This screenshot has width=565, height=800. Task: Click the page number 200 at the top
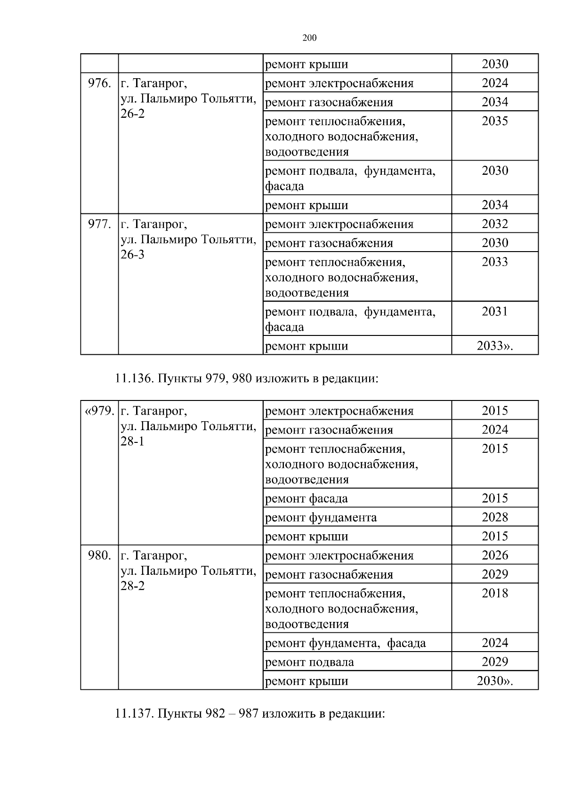(309, 38)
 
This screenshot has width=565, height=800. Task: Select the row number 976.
(99, 84)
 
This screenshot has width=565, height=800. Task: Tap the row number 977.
(99, 224)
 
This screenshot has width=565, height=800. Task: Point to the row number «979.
(99, 411)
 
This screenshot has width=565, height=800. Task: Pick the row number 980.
(99, 555)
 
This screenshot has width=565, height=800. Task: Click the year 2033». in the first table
(494, 346)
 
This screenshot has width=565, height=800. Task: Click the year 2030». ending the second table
(494, 681)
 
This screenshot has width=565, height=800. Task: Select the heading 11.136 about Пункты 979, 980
(246, 378)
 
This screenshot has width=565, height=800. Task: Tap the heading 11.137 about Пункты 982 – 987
(250, 713)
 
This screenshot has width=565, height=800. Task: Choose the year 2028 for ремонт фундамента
(494, 517)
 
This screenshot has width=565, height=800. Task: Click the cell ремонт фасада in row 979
(307, 498)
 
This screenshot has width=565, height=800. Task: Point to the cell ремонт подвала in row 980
(309, 662)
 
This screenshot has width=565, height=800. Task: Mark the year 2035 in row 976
(494, 122)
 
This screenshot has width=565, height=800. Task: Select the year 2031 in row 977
(494, 311)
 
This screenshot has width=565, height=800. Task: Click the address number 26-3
(133, 255)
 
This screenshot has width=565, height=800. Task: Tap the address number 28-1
(133, 441)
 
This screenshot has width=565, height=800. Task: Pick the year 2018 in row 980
(494, 593)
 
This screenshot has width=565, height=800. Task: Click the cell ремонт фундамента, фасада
(345, 643)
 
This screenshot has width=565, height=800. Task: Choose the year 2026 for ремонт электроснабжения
(494, 555)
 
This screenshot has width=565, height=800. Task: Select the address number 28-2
(133, 586)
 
